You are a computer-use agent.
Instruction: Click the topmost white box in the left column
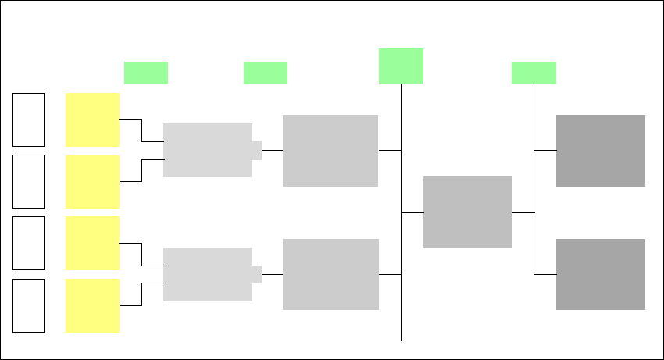[x=29, y=119]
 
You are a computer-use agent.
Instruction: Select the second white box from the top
[x=29, y=181]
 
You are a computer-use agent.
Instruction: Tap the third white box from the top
[x=29, y=244]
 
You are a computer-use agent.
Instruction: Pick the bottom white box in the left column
[x=29, y=305]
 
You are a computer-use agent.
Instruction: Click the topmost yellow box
[x=92, y=119]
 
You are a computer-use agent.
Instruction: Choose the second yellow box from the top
[x=92, y=181]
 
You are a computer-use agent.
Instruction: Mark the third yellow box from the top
[x=92, y=244]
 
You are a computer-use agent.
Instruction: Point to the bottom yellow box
[x=92, y=305]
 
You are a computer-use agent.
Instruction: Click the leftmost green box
[x=146, y=73]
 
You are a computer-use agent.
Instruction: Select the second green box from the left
[x=266, y=73]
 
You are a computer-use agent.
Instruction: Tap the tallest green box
[x=401, y=66]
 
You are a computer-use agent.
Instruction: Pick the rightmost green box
[x=534, y=73]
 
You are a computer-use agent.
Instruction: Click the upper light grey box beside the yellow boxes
[x=208, y=150]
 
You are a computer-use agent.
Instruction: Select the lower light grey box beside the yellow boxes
[x=208, y=274]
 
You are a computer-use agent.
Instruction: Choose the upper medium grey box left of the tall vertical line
[x=330, y=151]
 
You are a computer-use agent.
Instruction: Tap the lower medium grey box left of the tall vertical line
[x=330, y=275]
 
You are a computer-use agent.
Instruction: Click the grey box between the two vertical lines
[x=468, y=212]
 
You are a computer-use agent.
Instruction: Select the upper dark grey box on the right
[x=601, y=151]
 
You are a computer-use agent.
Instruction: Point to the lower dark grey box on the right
[x=601, y=275]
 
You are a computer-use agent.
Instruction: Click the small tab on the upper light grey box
[x=257, y=150]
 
